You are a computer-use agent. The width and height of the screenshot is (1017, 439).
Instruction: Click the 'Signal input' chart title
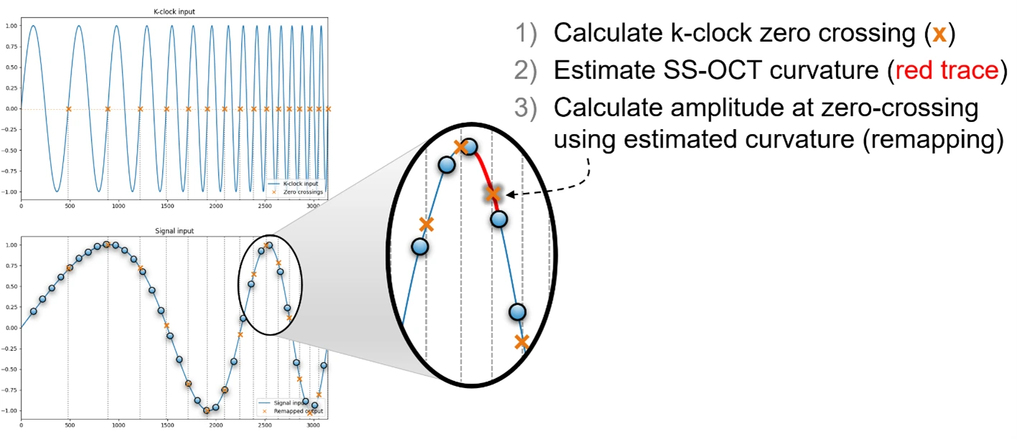click(174, 231)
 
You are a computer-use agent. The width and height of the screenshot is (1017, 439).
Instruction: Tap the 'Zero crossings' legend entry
click(304, 192)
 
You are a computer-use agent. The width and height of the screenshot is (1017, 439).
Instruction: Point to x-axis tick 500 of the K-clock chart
click(68, 207)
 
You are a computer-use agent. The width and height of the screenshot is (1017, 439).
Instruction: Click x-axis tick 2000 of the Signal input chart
click(215, 425)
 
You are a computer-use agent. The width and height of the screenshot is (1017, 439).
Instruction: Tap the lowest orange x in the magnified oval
click(522, 341)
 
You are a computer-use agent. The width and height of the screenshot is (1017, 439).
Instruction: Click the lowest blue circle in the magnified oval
click(517, 312)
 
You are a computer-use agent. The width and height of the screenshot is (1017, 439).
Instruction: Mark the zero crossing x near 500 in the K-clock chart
click(68, 109)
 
